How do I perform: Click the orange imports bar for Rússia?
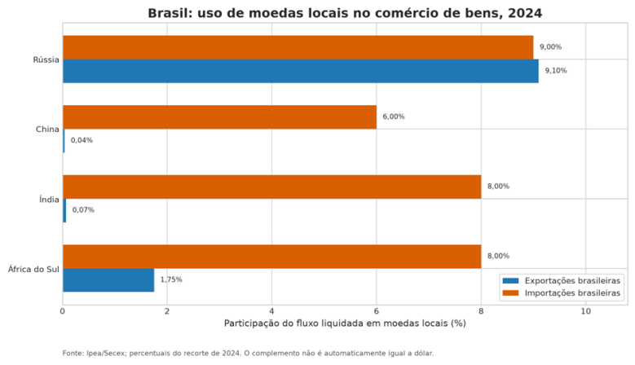click(298, 47)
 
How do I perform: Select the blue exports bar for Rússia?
click(301, 71)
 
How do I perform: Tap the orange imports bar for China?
click(219, 117)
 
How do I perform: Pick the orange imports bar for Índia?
click(271, 187)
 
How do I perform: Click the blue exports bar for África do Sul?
click(108, 280)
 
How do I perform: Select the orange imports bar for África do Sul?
click(271, 257)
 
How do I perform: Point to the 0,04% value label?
click(82, 140)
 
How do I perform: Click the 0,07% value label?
click(83, 210)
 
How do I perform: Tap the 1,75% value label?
click(171, 279)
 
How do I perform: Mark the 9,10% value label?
click(556, 71)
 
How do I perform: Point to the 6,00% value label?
click(394, 117)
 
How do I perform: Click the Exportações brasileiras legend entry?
click(562, 281)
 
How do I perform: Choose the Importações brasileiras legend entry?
click(562, 293)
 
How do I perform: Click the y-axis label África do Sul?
click(33, 269)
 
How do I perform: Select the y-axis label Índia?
click(49, 200)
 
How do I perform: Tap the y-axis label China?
click(47, 130)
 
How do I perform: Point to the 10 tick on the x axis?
click(585, 311)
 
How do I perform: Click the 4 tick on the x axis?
click(271, 311)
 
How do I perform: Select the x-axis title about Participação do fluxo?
click(345, 323)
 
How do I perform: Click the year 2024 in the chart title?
click(524, 13)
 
